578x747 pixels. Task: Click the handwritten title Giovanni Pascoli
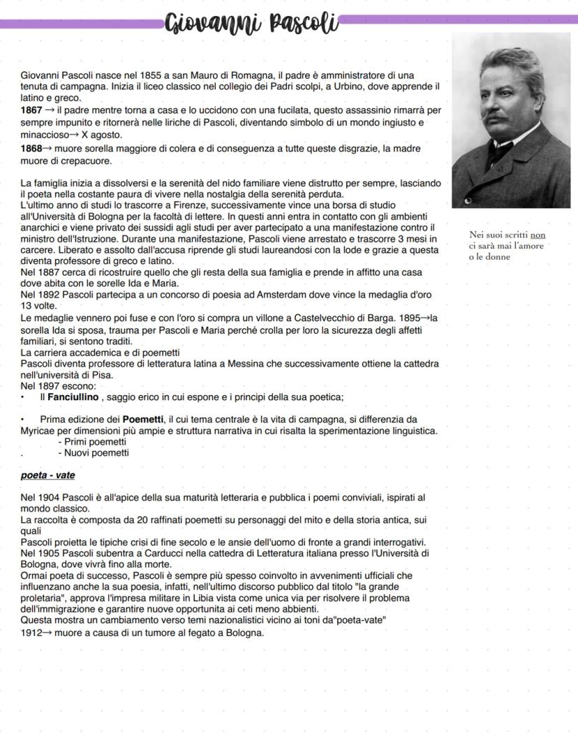tap(251, 22)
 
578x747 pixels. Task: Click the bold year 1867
tap(31, 110)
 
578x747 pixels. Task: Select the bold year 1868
tap(31, 149)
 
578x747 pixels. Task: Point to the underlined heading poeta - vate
tap(48, 475)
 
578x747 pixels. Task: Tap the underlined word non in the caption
tap(538, 235)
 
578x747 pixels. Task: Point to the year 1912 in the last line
tap(31, 633)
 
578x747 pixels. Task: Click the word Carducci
tap(178, 553)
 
